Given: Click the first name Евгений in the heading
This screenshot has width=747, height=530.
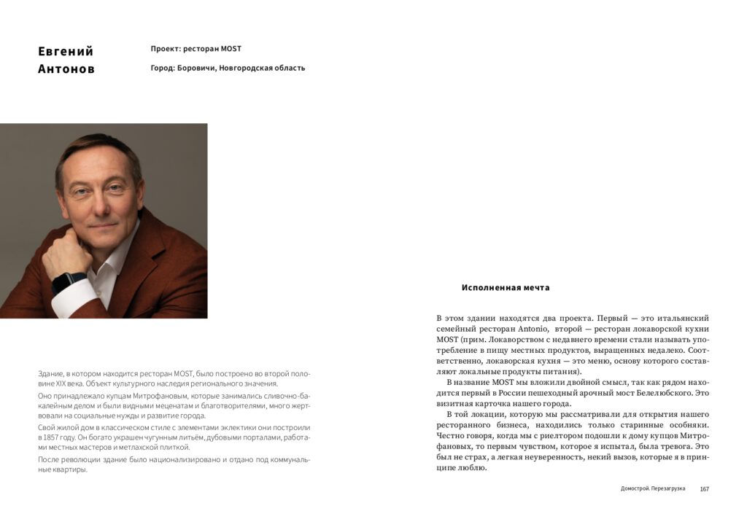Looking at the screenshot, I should pyautogui.click(x=66, y=51).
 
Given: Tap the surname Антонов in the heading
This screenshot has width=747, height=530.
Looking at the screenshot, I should pyautogui.click(x=66, y=70).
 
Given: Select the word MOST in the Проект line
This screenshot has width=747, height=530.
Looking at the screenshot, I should pyautogui.click(x=231, y=49).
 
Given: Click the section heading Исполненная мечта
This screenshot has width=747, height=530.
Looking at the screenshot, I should pyautogui.click(x=506, y=287).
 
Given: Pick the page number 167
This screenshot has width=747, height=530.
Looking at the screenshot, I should pyautogui.click(x=704, y=488).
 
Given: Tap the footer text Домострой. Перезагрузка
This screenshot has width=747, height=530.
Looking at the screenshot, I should pyautogui.click(x=653, y=488).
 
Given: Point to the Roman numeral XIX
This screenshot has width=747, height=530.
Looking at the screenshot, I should pyautogui.click(x=61, y=383).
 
